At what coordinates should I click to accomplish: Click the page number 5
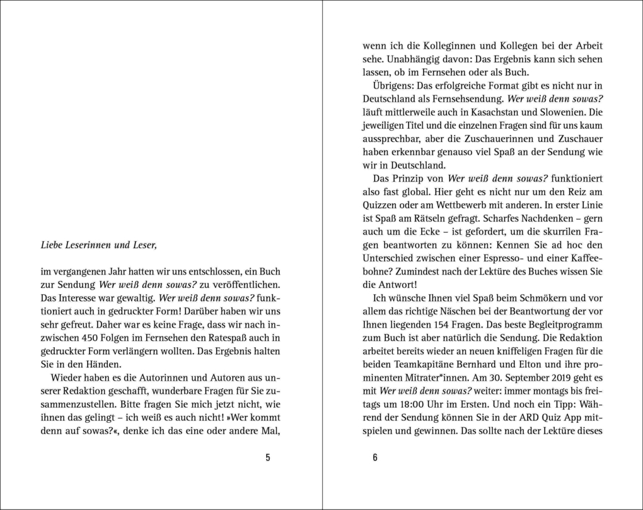(x=268, y=458)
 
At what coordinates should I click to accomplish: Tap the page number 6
(x=375, y=458)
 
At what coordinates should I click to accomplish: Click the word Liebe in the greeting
(x=54, y=246)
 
